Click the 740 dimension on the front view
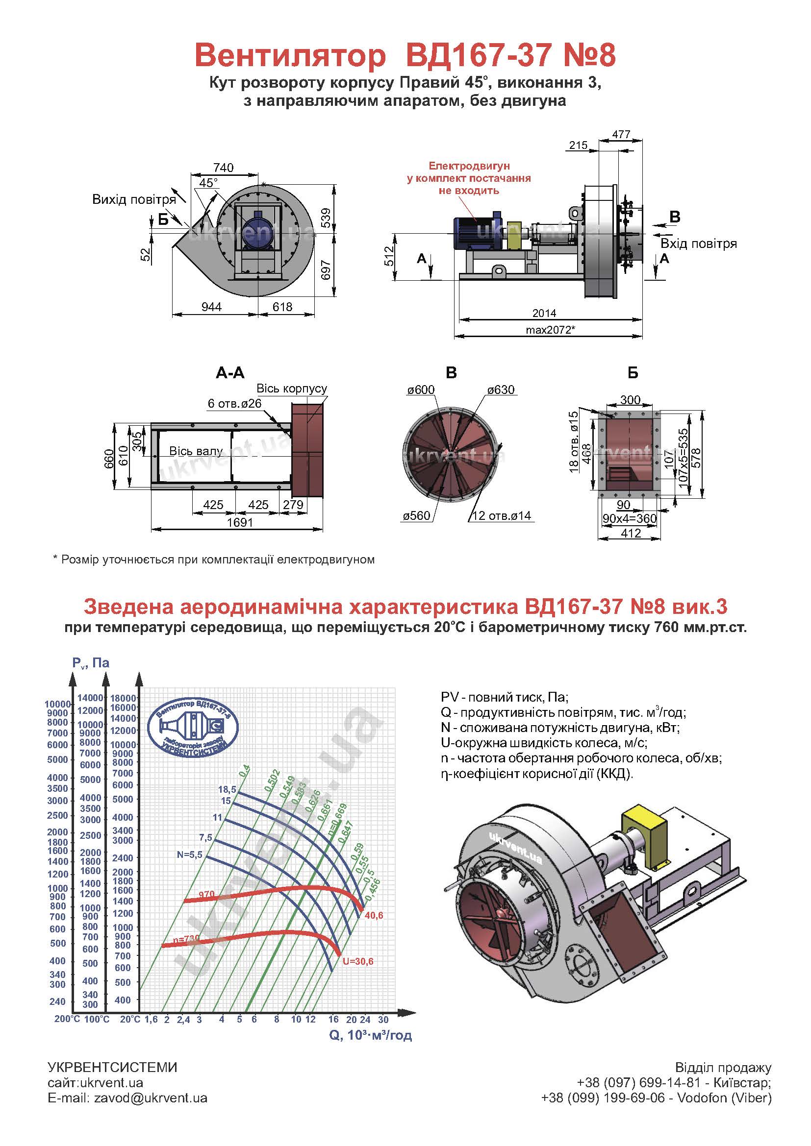[223, 168]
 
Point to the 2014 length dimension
[544, 313]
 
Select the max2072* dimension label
[550, 329]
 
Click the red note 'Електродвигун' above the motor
[469, 166]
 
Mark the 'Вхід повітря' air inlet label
[699, 244]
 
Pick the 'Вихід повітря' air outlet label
[134, 199]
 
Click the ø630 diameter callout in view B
[501, 390]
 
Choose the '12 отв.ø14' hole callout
[502, 515]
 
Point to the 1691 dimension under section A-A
[240, 522]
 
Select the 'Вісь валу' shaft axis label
[196, 451]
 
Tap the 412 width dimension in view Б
[631, 533]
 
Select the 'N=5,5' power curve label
[190, 854]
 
